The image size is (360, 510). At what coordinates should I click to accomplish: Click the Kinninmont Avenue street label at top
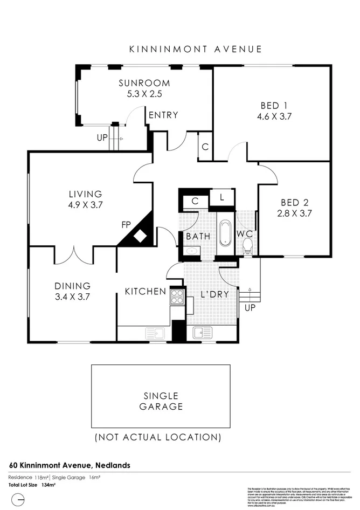195,49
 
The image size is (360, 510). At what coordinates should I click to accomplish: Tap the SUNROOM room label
144,84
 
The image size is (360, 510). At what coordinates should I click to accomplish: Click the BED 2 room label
295,203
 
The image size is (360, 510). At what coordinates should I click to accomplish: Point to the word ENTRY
163,115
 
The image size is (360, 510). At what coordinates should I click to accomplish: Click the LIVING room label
85,194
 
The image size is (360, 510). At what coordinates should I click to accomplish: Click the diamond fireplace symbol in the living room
141,236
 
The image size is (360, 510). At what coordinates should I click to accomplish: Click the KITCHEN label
145,292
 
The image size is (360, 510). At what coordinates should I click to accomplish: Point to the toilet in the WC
248,246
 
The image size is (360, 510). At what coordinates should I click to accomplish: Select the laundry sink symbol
203,333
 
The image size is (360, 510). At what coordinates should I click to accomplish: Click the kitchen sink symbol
155,333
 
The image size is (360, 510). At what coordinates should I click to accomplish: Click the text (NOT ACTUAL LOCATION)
157,437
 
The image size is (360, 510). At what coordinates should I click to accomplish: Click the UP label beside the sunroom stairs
102,137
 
